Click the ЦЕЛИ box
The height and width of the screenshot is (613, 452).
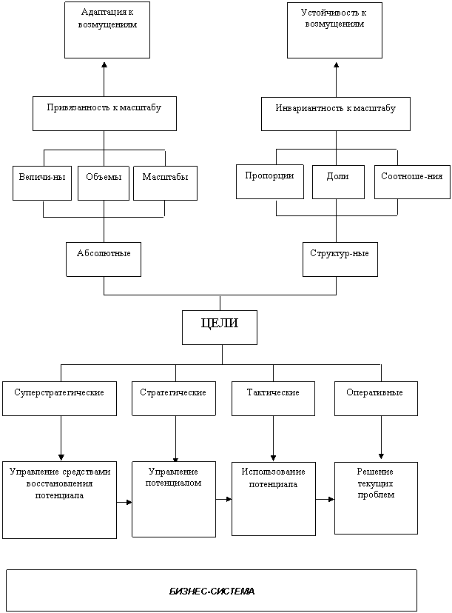(x=220, y=328)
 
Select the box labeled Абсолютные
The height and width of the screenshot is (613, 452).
(x=104, y=259)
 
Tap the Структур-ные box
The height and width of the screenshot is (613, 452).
(x=340, y=259)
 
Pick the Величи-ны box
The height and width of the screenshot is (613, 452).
(x=42, y=184)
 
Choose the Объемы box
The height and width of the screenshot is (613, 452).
(x=104, y=184)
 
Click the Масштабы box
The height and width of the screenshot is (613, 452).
(x=165, y=184)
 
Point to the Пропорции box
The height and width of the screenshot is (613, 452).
(x=270, y=182)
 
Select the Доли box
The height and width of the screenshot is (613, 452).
(x=338, y=182)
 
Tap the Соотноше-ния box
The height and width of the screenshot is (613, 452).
(x=412, y=182)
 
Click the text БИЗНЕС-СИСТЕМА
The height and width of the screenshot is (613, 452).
(x=212, y=592)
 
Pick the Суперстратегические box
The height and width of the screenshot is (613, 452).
(x=59, y=398)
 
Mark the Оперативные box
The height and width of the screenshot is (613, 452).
(x=377, y=398)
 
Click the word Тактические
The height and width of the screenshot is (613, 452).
(x=273, y=392)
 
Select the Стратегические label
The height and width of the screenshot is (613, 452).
(x=173, y=392)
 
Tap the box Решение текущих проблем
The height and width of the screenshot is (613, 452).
(x=377, y=498)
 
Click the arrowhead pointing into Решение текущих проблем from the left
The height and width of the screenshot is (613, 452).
(x=331, y=499)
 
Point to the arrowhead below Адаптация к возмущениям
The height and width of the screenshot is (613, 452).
(x=104, y=64)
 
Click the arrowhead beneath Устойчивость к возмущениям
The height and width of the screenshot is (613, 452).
(x=337, y=64)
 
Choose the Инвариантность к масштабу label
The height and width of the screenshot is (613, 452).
(x=336, y=108)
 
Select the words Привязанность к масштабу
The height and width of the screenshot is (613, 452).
(x=104, y=107)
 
